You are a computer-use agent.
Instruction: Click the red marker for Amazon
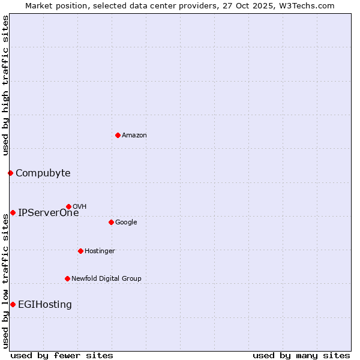118,135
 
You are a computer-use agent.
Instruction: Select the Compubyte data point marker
10,173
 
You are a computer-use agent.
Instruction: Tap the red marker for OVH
68,206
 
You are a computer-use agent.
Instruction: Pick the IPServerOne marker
13,212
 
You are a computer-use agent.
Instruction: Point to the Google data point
111,222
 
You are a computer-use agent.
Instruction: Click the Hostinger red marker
80,251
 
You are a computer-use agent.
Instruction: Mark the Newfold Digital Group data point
67,278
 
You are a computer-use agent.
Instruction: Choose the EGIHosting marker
13,304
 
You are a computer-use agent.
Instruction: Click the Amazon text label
134,136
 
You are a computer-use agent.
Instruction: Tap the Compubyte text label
43,173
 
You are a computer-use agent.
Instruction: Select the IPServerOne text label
48,213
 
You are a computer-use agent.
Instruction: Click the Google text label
126,223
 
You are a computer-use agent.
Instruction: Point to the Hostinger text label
100,251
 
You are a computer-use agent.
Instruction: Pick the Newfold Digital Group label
106,279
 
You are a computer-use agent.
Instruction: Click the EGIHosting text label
45,305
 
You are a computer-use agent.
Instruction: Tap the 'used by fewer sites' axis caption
62,355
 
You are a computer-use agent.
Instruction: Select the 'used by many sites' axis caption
301,355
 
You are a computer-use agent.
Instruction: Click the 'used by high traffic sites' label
5,85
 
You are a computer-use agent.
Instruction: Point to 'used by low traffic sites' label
5,281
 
